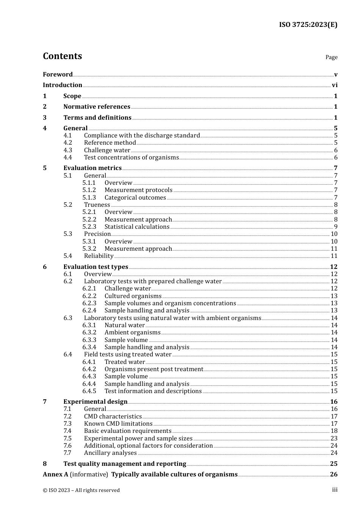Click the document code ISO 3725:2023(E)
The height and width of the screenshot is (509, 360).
(x=308, y=25)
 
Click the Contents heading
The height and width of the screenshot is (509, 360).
(x=62, y=56)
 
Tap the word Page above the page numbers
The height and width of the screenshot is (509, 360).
(x=331, y=57)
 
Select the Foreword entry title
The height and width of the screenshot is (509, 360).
(x=58, y=75)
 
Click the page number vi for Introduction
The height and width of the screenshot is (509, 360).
(x=335, y=85)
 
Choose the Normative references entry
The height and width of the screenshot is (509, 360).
(x=97, y=107)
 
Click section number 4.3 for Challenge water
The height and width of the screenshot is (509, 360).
(x=67, y=150)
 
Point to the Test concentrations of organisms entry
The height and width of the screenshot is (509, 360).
(x=131, y=158)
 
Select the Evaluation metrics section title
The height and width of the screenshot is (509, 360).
(x=92, y=168)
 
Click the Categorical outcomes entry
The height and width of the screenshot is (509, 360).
(x=135, y=198)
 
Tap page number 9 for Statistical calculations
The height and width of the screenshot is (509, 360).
(x=335, y=227)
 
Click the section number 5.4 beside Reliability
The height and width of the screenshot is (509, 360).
(x=67, y=256)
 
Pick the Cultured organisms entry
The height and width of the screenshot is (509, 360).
(x=133, y=296)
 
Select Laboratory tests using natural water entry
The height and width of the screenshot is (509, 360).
(x=172, y=318)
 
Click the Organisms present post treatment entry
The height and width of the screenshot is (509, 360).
(x=153, y=369)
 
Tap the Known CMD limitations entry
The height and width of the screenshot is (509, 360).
(x=118, y=424)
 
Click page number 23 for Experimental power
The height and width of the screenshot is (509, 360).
(x=334, y=439)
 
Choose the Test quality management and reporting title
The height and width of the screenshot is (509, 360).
(x=125, y=464)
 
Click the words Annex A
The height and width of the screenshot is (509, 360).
(x=55, y=475)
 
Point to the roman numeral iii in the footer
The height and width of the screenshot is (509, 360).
(x=335, y=490)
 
